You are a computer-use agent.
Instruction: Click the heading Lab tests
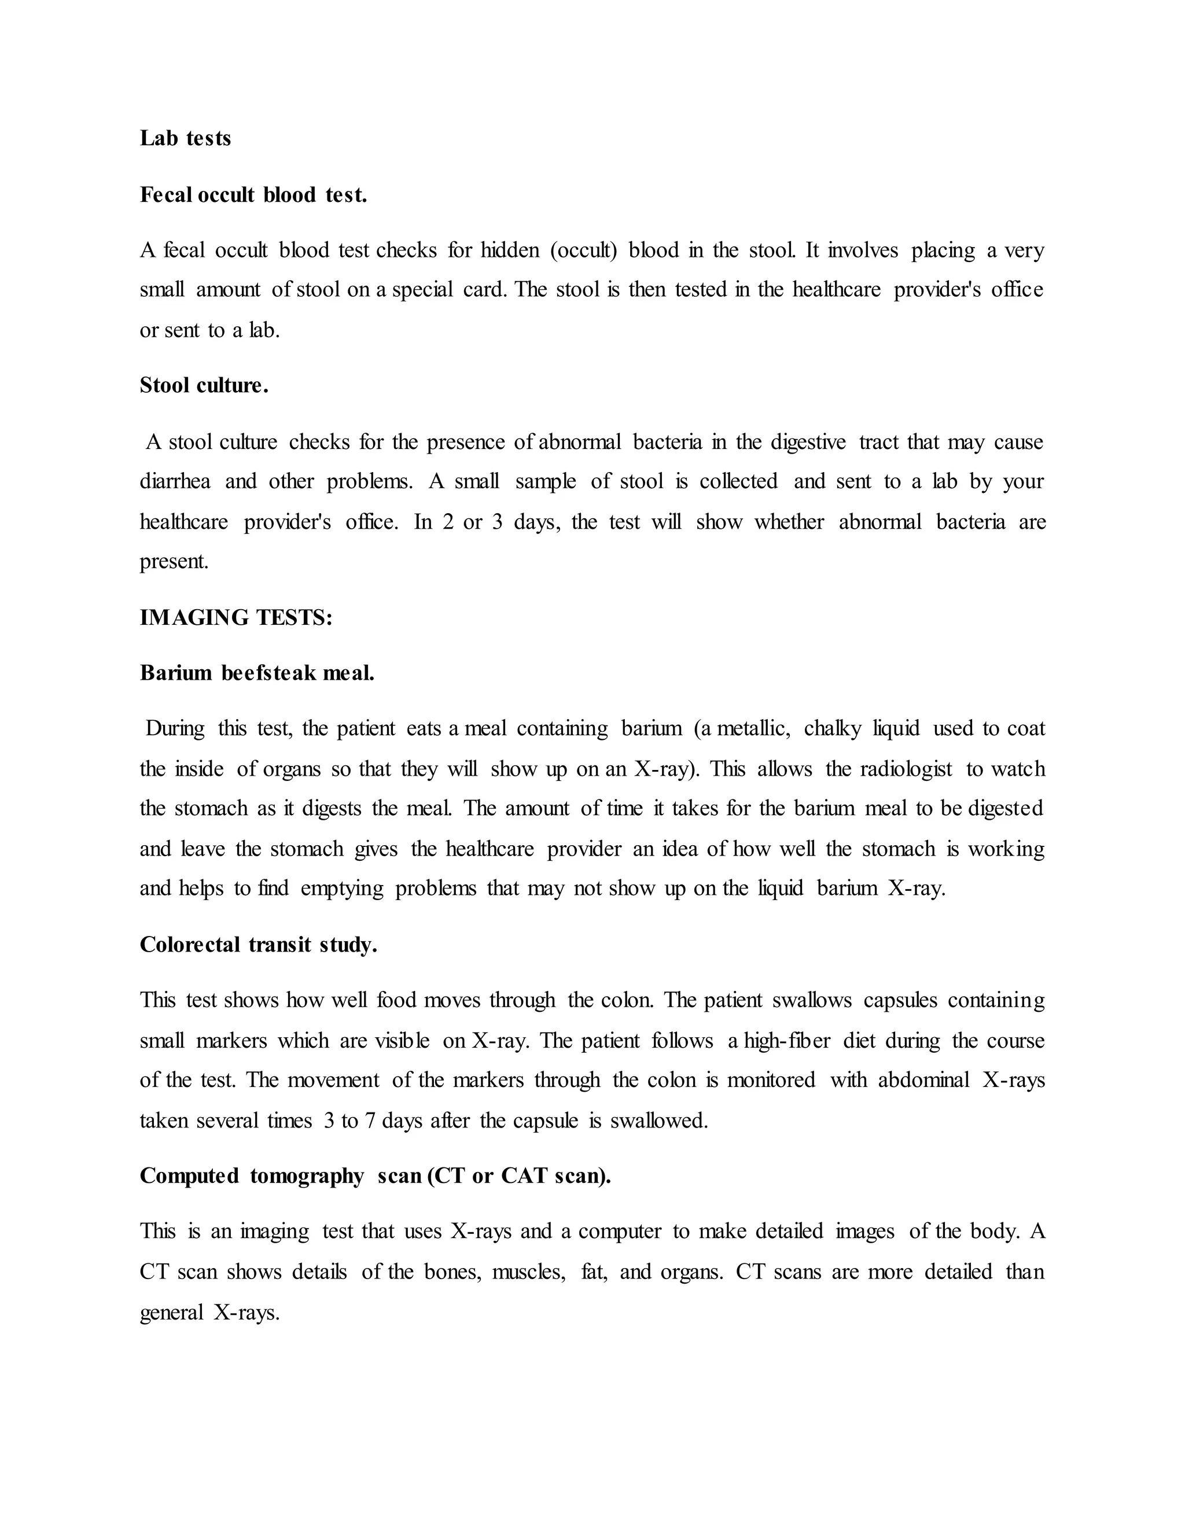click(185, 138)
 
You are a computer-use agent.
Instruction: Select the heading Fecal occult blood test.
click(253, 194)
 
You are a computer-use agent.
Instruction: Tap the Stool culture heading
click(204, 385)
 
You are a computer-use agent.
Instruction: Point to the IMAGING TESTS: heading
click(236, 618)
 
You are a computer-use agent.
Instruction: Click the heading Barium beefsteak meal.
click(257, 673)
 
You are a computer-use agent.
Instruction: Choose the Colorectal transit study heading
click(258, 945)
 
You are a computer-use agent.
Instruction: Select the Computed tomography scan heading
click(375, 1175)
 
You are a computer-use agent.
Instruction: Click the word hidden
click(510, 250)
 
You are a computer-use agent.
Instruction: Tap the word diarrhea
click(175, 481)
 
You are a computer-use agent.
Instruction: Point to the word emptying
click(342, 889)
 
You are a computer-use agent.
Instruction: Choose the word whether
click(789, 522)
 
